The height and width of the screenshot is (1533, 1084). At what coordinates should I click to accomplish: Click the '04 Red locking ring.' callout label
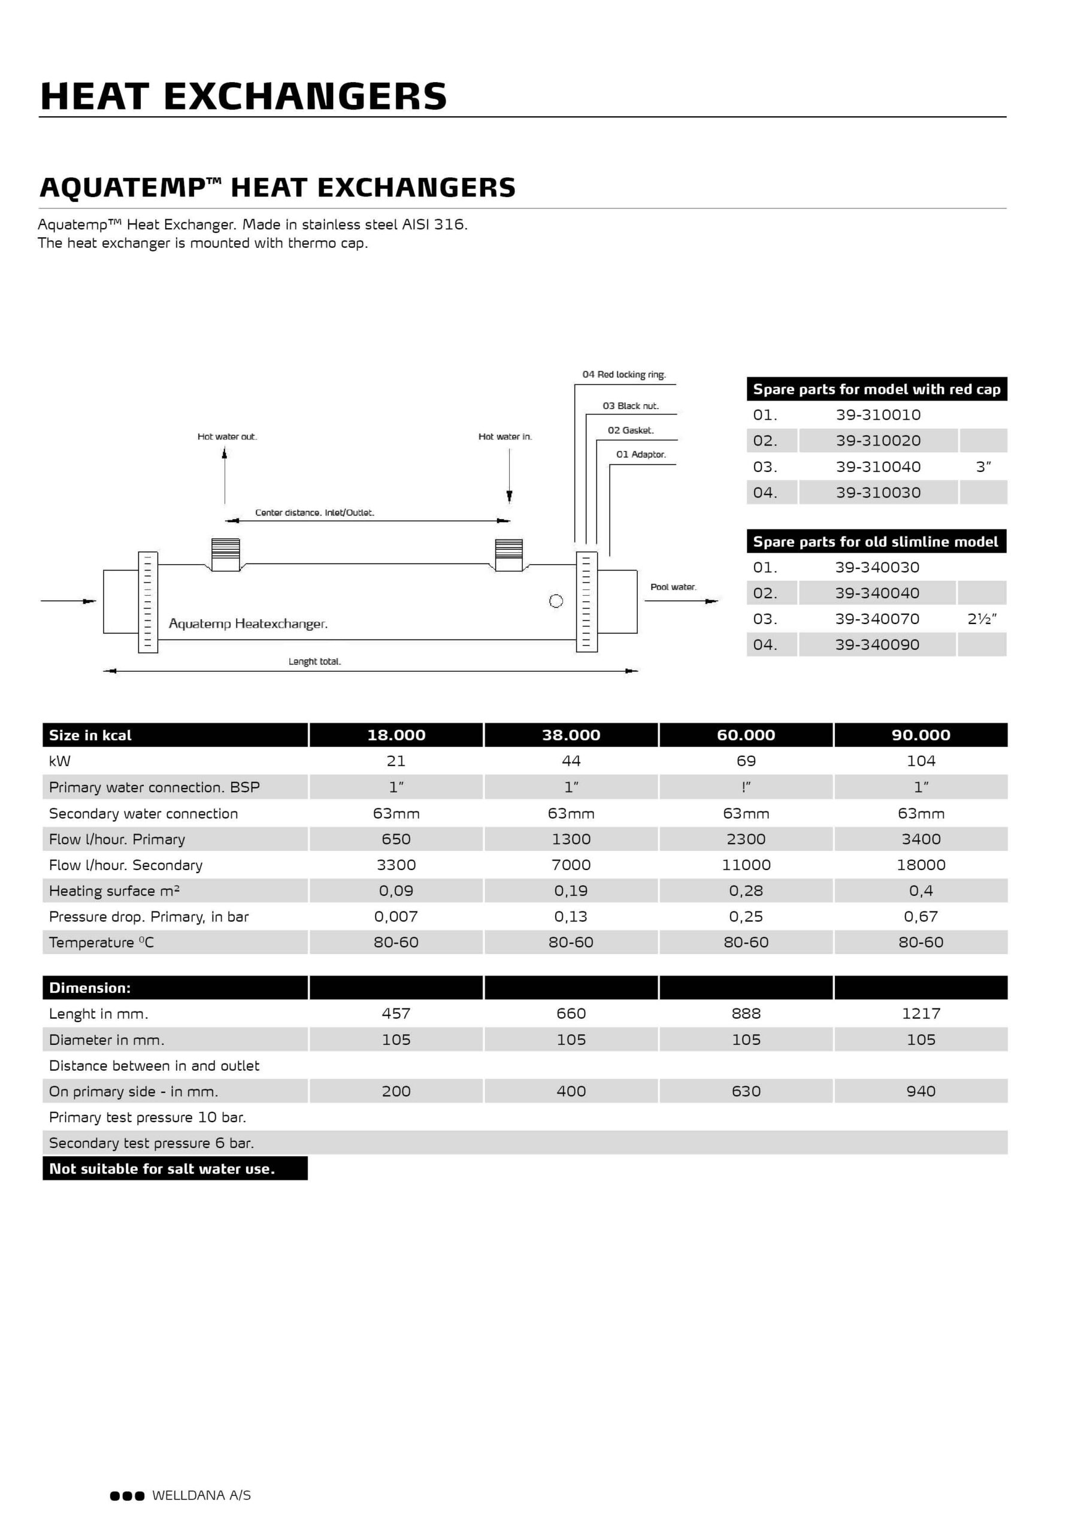(x=624, y=375)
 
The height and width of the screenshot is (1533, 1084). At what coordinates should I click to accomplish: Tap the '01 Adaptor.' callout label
(x=640, y=455)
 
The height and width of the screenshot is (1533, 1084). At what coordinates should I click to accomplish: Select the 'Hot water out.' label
(x=227, y=437)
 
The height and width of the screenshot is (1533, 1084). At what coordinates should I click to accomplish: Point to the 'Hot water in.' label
(x=505, y=437)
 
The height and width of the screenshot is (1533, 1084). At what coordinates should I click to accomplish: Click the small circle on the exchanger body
(x=556, y=601)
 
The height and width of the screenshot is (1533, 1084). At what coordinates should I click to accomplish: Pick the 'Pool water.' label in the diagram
(x=673, y=587)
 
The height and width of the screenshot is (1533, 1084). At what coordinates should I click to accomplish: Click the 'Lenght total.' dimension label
(x=314, y=662)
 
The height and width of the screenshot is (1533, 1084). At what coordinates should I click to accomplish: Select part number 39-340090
(x=877, y=645)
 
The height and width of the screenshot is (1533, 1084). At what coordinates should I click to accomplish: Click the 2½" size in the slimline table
(x=982, y=619)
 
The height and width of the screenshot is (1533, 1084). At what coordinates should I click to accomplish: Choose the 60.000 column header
(x=746, y=735)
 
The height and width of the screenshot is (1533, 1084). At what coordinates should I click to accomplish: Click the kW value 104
(x=921, y=761)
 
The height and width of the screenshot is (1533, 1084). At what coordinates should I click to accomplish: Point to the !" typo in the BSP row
(x=746, y=787)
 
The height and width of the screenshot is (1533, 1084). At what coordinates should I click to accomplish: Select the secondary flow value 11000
(x=746, y=865)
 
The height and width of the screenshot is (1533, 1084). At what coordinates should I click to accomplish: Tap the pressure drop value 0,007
(x=396, y=917)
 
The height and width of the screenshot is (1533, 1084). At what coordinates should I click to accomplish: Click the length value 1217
(x=921, y=1014)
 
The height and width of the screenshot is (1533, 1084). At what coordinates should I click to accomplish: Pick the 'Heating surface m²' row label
(x=114, y=890)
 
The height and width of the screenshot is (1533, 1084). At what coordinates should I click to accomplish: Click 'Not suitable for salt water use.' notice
(x=162, y=1169)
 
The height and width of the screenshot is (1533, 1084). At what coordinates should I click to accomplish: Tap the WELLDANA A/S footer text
(x=201, y=1496)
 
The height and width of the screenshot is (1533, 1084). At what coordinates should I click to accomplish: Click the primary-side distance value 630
(x=746, y=1092)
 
